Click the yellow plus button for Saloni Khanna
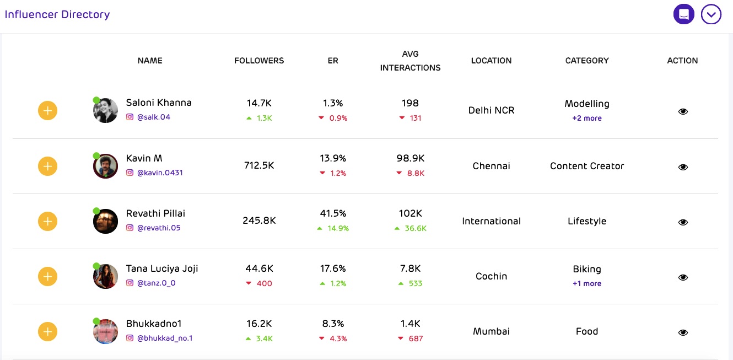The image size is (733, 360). click(48, 111)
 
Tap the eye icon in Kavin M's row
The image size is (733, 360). click(683, 166)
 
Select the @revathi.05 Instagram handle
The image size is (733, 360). click(159, 228)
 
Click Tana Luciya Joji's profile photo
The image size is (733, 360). click(105, 276)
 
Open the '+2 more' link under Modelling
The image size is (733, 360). click(587, 118)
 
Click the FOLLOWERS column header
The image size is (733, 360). click(259, 61)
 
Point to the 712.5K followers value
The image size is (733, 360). click(259, 165)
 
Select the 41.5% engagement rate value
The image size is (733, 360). click(333, 213)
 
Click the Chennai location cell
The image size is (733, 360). click(491, 166)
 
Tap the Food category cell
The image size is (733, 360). click(587, 331)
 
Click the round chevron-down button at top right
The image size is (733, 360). click(711, 14)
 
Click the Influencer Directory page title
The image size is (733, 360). click(57, 14)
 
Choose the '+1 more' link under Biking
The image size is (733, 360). click(587, 283)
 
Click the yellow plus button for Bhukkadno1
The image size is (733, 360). click(48, 331)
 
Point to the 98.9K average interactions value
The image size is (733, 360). click(411, 158)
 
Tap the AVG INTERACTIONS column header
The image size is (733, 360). click(411, 61)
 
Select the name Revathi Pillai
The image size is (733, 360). click(155, 213)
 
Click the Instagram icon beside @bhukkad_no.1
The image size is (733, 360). click(130, 338)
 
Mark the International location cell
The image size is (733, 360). click(491, 221)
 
